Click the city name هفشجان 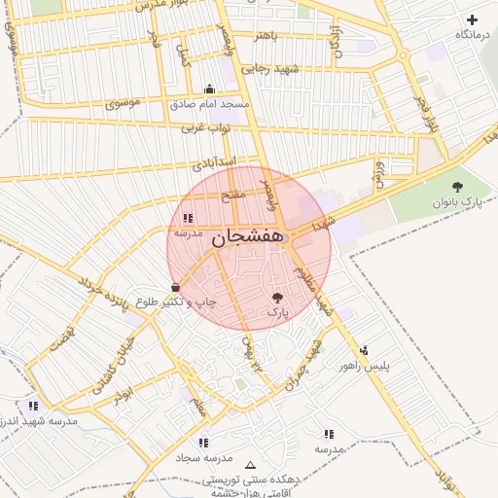pos(246,235)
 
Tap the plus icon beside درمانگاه pos(472,19)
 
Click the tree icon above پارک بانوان pos(457,186)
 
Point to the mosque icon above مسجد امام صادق pos(209,89)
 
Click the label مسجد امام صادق pos(210,103)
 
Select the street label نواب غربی pos(205,127)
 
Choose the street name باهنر pos(267,36)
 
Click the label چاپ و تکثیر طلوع pos(174,302)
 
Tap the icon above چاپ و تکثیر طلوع pos(175,288)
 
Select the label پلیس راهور pos(365,366)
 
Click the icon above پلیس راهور pos(365,351)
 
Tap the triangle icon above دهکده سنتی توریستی pos(252,465)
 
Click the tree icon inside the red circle pos(278,298)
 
